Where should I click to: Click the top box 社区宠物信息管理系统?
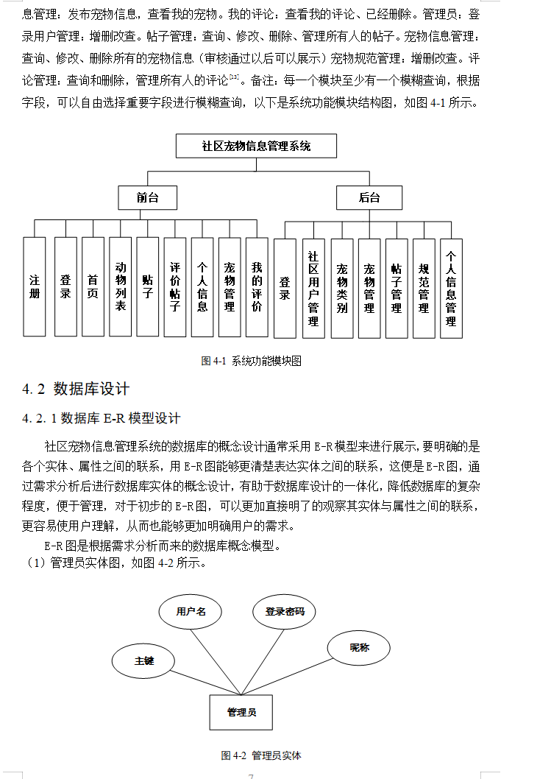click(x=256, y=146)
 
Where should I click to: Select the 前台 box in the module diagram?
click(x=147, y=197)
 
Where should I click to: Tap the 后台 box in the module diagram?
click(x=369, y=197)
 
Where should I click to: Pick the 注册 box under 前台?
click(x=35, y=286)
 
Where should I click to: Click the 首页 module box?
click(x=93, y=286)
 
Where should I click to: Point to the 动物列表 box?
click(x=121, y=286)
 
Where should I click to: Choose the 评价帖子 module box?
click(x=175, y=286)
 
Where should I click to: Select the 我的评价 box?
click(x=257, y=286)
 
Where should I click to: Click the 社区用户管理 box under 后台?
click(x=313, y=288)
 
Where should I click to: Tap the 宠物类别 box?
click(x=341, y=288)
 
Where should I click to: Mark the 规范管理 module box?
click(x=424, y=288)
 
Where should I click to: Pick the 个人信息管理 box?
click(x=451, y=288)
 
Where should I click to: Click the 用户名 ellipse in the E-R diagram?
click(x=191, y=611)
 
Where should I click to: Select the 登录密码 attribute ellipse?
click(x=285, y=611)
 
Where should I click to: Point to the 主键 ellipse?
click(x=143, y=660)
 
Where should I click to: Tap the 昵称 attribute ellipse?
click(x=359, y=647)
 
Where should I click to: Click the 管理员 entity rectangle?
click(x=241, y=712)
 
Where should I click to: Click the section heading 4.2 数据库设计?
click(x=76, y=389)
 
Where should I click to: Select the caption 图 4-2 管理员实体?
click(x=261, y=755)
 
